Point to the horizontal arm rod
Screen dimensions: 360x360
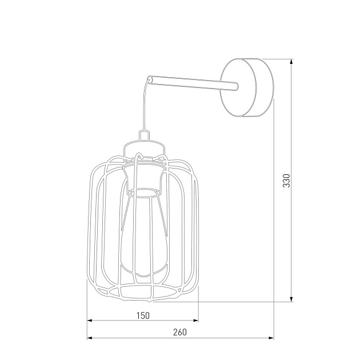click(191, 82)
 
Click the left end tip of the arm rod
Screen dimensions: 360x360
click(150, 77)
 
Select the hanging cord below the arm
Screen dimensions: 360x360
click(145, 106)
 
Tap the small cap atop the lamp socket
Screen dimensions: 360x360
click(144, 136)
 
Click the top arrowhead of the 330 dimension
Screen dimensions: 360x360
click(292, 61)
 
